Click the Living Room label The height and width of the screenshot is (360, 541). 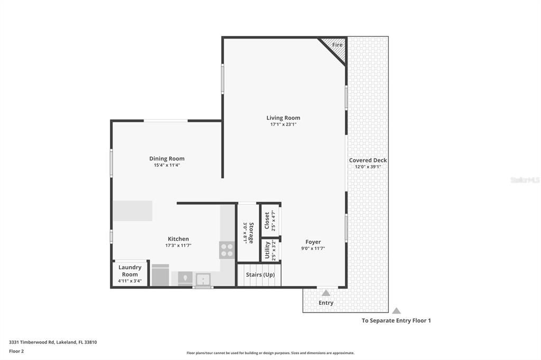click(283, 118)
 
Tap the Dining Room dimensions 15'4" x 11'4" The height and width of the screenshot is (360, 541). click(167, 165)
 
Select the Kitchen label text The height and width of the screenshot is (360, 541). click(179, 239)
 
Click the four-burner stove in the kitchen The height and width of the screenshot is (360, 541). click(227, 250)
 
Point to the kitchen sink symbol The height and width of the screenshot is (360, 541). click(203, 279)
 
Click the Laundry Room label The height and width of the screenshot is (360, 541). click(130, 271)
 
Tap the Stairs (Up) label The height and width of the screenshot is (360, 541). click(260, 274)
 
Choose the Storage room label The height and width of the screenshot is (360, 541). click(251, 233)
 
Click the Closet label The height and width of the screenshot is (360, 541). click(267, 220)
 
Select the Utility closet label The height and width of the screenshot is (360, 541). click(267, 250)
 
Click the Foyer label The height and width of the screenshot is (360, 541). click(313, 242)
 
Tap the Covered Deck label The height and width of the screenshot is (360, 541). click(368, 160)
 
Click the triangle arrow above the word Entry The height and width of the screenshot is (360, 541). click(325, 293)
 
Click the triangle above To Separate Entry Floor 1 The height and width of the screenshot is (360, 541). click(396, 311)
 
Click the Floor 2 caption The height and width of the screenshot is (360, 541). click(16, 351)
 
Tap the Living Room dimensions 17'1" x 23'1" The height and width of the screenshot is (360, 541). click(283, 125)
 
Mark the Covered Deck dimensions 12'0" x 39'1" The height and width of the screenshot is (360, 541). click(368, 167)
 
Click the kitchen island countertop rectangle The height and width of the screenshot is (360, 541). click(133, 211)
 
